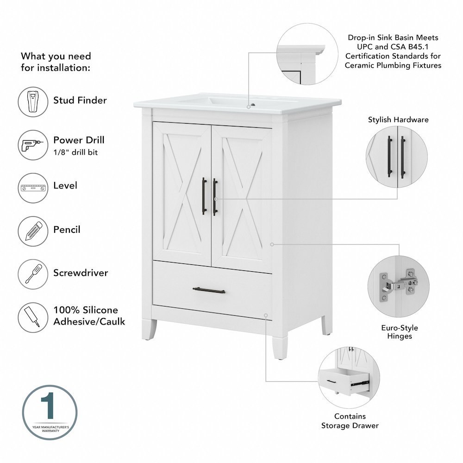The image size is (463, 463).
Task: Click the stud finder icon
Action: pyautogui.click(x=33, y=101)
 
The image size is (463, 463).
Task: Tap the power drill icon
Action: pyautogui.click(x=32, y=145)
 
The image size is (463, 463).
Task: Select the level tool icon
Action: pyautogui.click(x=33, y=188)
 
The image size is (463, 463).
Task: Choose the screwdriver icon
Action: pyautogui.click(x=33, y=274)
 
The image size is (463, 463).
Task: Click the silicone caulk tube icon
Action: pyautogui.click(x=32, y=317)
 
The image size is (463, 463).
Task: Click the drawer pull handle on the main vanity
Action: pyautogui.click(x=209, y=291)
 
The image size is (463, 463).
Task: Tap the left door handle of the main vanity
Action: pyautogui.click(x=204, y=196)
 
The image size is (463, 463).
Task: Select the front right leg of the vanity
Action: pyautogui.click(x=279, y=345)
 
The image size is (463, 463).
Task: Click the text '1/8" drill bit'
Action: pyautogui.click(x=75, y=152)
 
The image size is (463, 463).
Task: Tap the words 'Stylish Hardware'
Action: pyautogui.click(x=398, y=119)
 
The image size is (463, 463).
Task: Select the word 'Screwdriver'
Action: pyautogui.click(x=81, y=273)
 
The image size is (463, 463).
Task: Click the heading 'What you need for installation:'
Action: pyautogui.click(x=56, y=62)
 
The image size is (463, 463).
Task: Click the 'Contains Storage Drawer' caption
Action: pyautogui.click(x=350, y=421)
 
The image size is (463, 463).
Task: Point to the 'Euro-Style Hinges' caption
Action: pyautogui.click(x=400, y=332)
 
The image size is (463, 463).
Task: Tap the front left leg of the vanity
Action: pyautogui.click(x=149, y=329)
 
